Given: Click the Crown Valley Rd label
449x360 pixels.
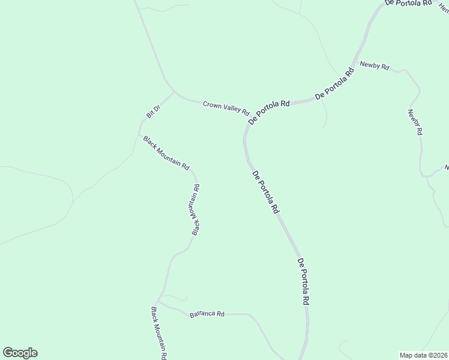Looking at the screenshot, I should [x=226, y=107].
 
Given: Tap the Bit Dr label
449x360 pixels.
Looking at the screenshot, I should [x=153, y=112].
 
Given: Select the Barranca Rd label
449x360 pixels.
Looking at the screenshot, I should [x=207, y=314].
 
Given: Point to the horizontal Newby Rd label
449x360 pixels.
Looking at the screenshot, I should [x=375, y=65].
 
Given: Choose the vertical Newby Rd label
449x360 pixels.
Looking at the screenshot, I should [x=415, y=122].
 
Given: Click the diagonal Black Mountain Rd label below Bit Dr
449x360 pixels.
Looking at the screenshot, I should [x=166, y=152].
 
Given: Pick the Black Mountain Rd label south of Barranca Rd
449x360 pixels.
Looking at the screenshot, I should [x=158, y=333].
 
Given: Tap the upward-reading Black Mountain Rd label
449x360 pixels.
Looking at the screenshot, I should [x=196, y=209].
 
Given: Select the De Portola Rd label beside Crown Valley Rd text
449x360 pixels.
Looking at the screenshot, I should [x=269, y=112].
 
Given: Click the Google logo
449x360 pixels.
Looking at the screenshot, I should [x=20, y=353].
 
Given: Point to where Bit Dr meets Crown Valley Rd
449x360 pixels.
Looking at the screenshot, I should [x=175, y=93].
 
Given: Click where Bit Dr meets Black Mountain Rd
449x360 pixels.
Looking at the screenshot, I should [x=140, y=135].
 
